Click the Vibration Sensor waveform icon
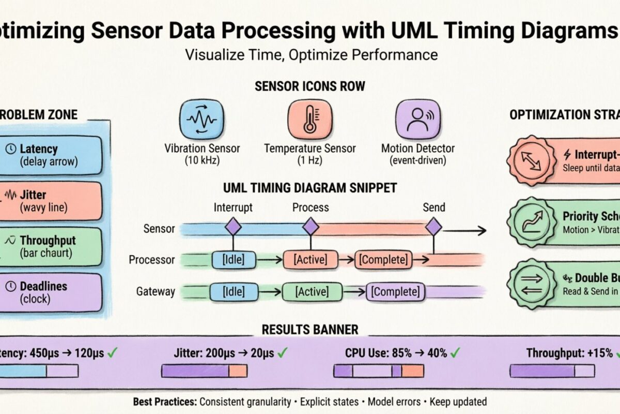[x=202, y=120]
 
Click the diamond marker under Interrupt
[x=233, y=227]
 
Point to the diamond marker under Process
[x=310, y=227]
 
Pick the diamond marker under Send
[x=433, y=227]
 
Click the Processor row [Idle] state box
[x=234, y=259]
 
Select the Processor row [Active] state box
[x=310, y=259]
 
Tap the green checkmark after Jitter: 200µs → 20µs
[x=283, y=353]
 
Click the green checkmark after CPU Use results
[x=455, y=353]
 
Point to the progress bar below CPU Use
[x=379, y=371]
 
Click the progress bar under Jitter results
[x=204, y=371]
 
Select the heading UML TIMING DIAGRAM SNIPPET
[x=310, y=188]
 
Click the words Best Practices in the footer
[x=164, y=402]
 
